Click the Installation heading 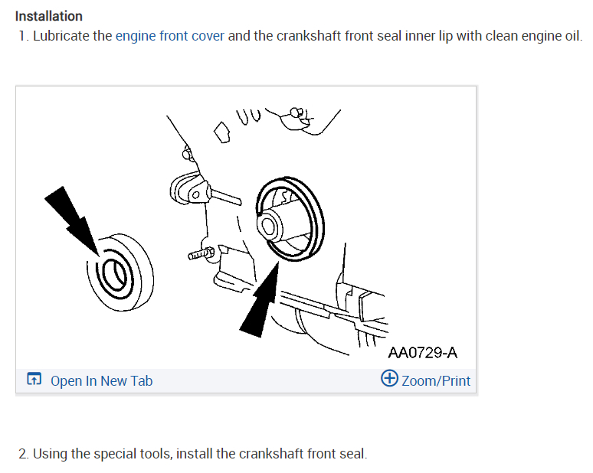49,16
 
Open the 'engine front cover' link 169,36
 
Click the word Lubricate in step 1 74,36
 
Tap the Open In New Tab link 101,380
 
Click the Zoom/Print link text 436,380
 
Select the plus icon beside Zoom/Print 389,379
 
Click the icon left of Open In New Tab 34,380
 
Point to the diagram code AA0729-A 422,353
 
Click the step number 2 22,454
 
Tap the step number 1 22,36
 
